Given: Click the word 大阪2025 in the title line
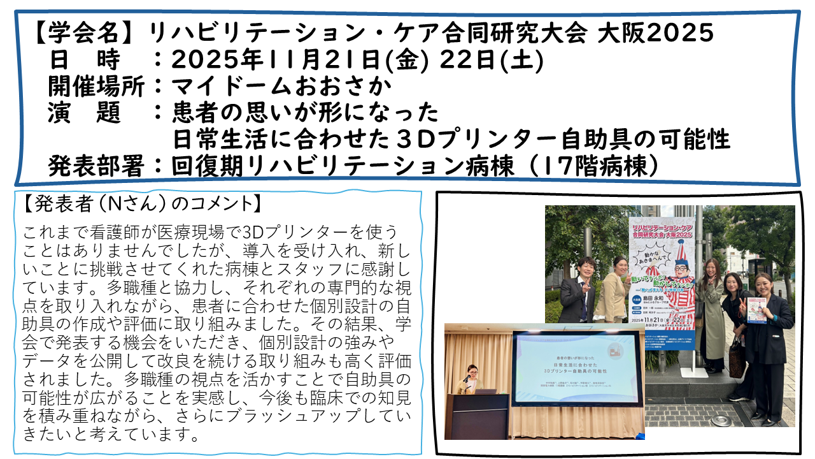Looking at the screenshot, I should click(656, 33).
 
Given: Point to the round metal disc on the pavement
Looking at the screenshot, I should click(721, 419).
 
